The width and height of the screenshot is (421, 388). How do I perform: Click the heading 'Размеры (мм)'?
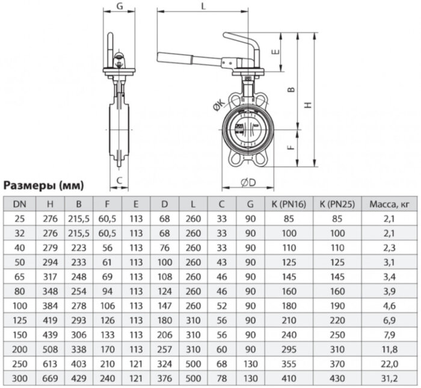pos(44,185)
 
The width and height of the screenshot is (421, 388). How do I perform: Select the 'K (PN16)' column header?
pos(288,205)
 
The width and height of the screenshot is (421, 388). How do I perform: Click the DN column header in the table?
pos(19,205)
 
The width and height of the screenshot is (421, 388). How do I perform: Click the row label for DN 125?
pos(19,306)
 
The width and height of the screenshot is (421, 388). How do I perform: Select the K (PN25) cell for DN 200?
pos(336,349)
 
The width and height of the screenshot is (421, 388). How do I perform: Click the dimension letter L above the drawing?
pos(203,6)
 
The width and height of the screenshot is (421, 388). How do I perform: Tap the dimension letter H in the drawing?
pos(308,103)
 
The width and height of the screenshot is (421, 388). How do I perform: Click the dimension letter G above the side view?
pos(119,6)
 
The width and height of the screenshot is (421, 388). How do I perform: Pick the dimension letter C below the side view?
pos(119,180)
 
